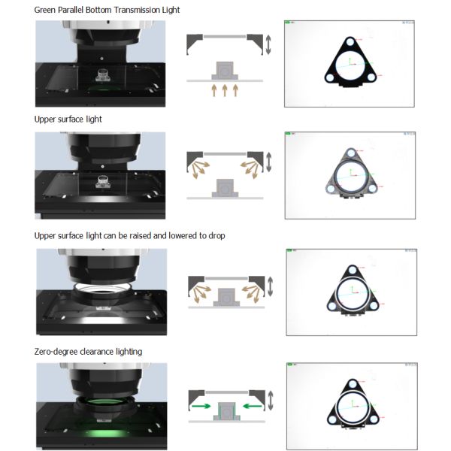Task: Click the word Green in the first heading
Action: [45, 10]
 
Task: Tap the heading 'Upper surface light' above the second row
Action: [68, 119]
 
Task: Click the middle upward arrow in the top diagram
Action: [225, 90]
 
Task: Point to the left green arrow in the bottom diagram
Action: [201, 406]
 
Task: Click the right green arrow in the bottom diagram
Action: [253, 406]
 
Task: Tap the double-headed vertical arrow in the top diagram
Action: [268, 44]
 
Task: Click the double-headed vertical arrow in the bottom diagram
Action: [271, 401]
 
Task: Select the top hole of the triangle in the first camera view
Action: [350, 42]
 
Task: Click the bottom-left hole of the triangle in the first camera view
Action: [329, 77]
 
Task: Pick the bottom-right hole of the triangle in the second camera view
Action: [373, 189]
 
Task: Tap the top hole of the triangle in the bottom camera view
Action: [353, 384]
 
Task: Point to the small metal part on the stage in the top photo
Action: [102, 75]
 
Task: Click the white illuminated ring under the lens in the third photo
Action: [103, 288]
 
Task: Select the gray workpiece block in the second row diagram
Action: [225, 188]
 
